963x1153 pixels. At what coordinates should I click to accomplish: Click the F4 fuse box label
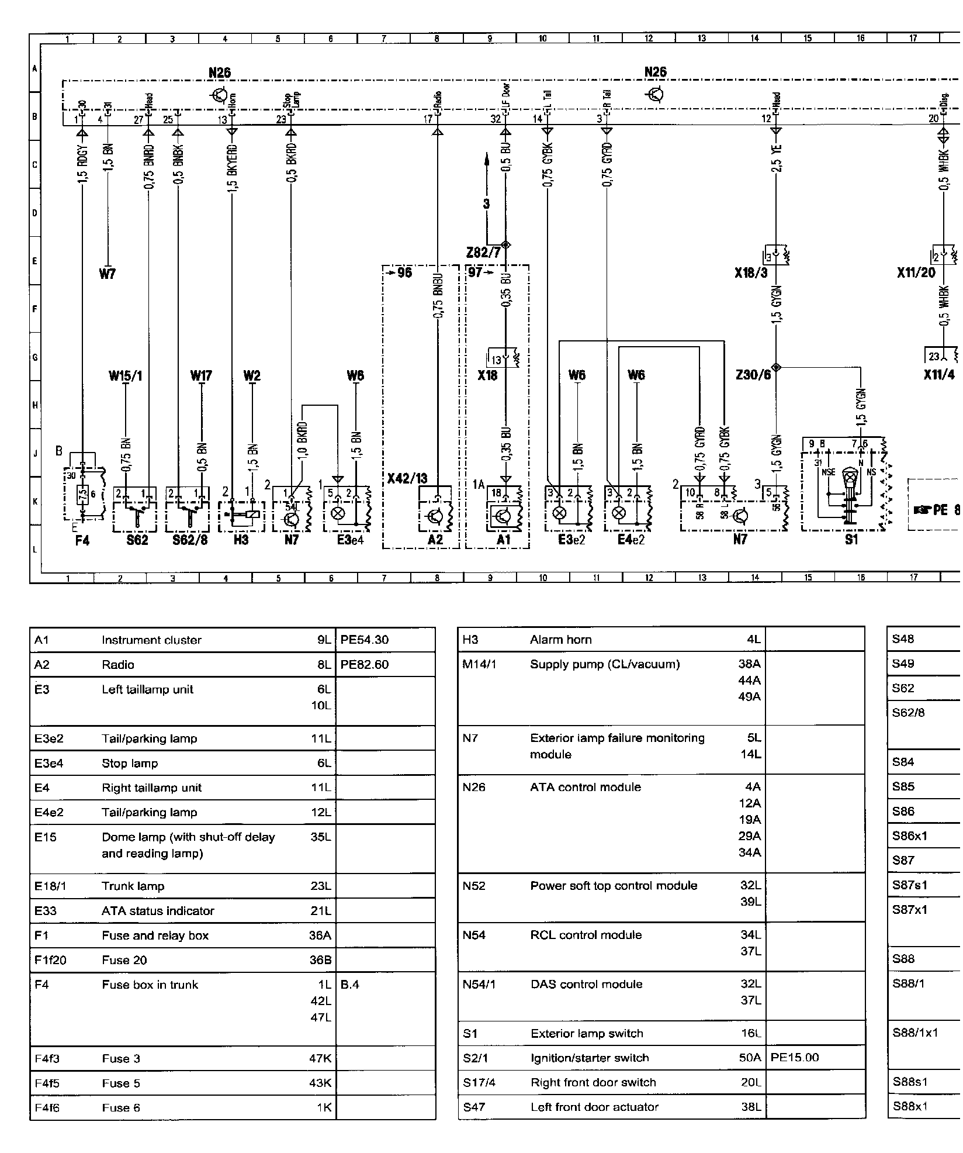click(x=82, y=540)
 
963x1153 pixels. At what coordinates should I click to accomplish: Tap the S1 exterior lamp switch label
click(x=851, y=539)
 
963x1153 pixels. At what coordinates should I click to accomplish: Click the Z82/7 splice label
click(x=483, y=253)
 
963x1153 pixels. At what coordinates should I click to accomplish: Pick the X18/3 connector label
click(x=751, y=272)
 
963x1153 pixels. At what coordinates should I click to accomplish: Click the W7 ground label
click(x=108, y=273)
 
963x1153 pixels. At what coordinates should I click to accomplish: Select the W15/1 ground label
click(x=125, y=375)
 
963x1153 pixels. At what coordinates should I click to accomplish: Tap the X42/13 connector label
click(x=407, y=478)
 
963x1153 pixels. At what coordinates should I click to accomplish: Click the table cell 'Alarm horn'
click(x=560, y=640)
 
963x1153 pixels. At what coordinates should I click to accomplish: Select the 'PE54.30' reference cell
click(x=364, y=640)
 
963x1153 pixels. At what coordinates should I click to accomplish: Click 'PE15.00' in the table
click(x=795, y=1057)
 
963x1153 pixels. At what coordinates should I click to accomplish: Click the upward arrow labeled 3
click(x=486, y=181)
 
